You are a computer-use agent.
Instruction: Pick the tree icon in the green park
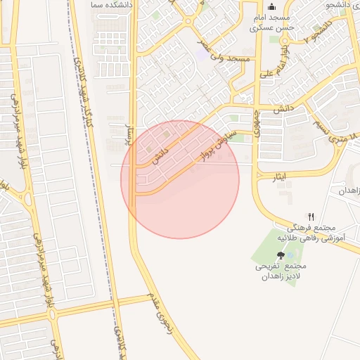click(x=281, y=256)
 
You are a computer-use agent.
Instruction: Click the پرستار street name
click(x=129, y=129)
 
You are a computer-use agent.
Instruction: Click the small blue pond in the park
click(x=290, y=255)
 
